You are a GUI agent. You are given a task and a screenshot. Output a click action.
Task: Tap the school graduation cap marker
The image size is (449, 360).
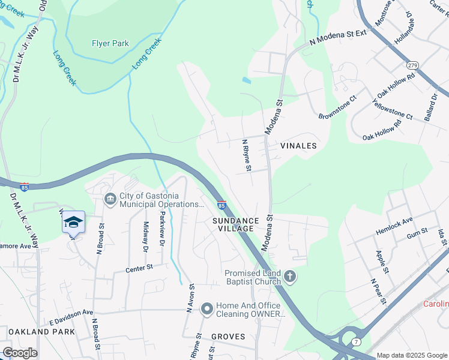point(73,222)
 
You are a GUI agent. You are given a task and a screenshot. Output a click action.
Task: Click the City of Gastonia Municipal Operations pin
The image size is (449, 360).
point(110,199)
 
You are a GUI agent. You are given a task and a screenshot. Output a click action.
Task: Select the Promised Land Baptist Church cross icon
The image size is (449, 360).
point(290,277)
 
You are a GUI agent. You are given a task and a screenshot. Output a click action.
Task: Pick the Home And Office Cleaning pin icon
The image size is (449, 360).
point(206,309)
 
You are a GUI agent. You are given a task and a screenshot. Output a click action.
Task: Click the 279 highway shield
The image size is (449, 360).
point(411,65)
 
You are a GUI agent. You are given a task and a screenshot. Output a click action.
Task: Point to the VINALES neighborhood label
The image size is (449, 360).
point(298,146)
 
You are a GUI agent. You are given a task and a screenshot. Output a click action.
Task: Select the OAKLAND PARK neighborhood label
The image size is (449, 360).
point(41,331)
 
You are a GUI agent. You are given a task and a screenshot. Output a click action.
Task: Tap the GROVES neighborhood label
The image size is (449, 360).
point(228,337)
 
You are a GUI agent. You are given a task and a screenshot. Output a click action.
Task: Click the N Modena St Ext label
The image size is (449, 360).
point(337,38)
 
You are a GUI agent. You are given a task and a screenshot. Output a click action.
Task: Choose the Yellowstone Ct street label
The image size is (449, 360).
point(393,110)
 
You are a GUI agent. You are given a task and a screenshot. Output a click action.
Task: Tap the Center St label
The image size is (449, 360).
point(140,268)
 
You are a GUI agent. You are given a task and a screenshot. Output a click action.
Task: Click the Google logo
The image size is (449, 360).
point(20,353)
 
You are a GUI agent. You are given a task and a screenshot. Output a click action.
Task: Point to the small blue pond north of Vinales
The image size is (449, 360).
point(247,80)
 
